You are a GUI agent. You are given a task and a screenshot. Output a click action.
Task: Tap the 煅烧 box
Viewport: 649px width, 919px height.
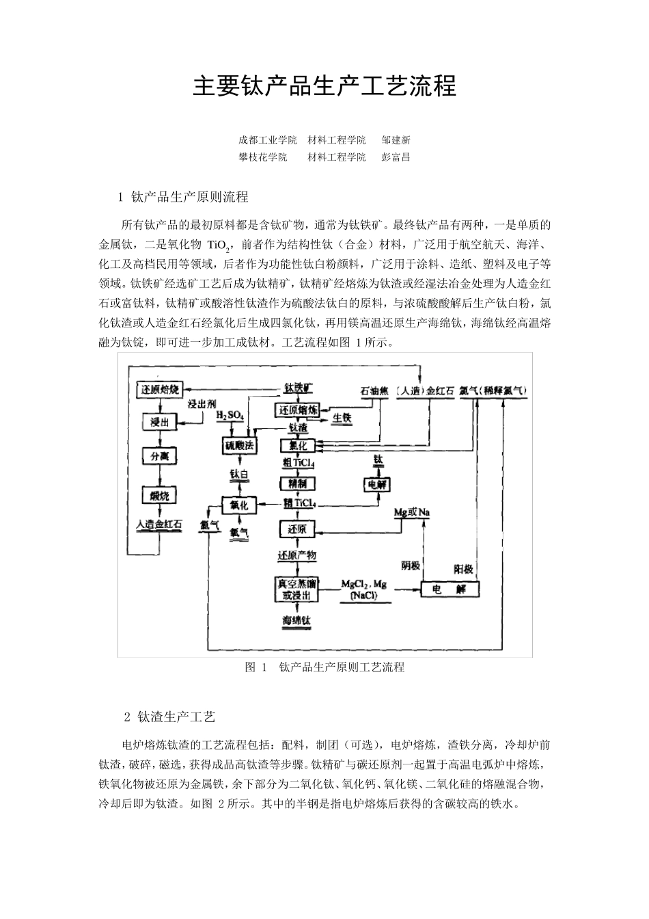(159, 494)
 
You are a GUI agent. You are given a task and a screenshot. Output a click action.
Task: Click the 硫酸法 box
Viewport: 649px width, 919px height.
(240, 446)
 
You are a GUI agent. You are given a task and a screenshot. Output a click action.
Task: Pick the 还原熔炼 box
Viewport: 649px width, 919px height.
(297, 410)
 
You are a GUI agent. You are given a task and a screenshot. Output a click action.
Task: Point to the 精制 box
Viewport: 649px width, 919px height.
(297, 483)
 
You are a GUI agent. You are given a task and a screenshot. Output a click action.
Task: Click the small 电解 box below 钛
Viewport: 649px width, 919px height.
(377, 484)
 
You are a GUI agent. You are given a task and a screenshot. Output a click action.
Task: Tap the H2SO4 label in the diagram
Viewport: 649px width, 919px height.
(230, 416)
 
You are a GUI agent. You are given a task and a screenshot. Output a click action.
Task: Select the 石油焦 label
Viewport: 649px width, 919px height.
(374, 391)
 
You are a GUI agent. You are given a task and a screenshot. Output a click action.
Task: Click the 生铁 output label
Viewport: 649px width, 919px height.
(342, 417)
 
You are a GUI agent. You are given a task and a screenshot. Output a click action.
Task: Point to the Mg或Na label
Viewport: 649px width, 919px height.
(413, 512)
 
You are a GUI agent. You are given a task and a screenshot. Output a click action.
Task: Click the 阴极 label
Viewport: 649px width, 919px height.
(410, 565)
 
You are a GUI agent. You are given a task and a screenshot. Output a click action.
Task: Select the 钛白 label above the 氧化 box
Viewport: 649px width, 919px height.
(239, 474)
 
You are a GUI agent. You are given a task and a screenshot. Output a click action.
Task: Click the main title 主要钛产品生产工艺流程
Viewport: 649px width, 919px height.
(324, 87)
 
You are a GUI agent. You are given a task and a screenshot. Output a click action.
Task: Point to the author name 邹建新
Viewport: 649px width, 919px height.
(396, 140)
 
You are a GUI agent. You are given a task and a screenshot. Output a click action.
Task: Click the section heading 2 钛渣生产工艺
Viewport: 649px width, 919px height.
(170, 717)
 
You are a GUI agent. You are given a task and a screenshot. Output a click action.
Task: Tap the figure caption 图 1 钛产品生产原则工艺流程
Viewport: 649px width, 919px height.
(324, 667)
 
